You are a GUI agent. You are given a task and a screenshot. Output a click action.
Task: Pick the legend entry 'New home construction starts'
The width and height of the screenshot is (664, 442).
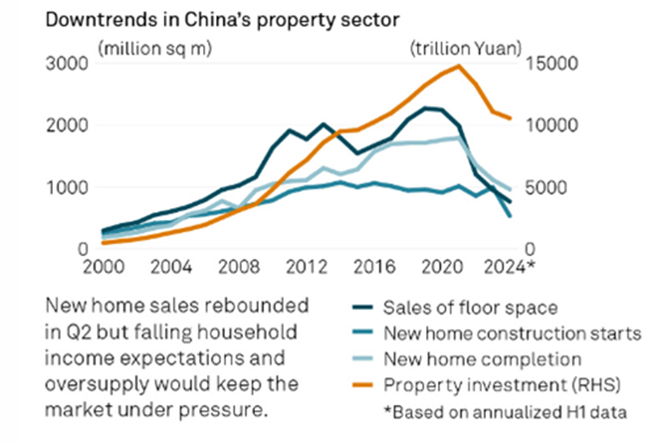[512, 334]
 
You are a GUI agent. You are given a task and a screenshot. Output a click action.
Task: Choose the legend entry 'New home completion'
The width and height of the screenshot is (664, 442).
[482, 359]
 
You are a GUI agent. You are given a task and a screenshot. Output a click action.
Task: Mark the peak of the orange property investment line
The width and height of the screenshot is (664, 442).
[458, 65]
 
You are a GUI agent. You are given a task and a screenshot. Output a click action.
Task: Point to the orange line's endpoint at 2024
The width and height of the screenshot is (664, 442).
[510, 118]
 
